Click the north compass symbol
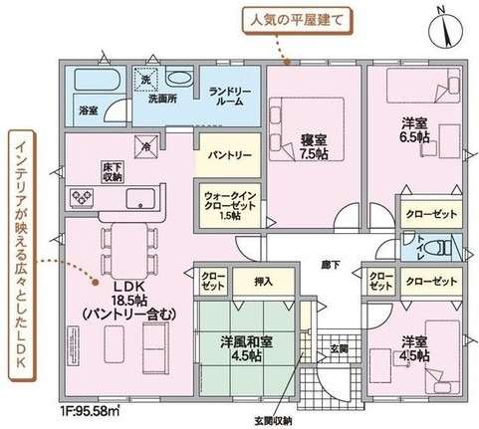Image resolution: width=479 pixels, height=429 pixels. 445,26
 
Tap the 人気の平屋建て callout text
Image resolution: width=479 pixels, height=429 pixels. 318,16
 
